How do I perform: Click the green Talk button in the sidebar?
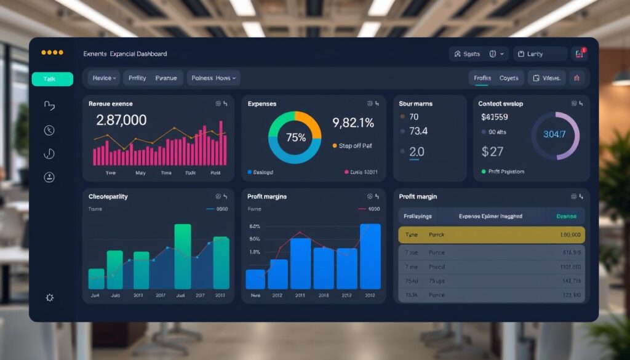click(x=52, y=79)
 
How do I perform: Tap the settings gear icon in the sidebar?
click(x=50, y=298)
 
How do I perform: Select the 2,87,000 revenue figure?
click(x=121, y=121)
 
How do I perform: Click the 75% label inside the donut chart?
click(x=295, y=138)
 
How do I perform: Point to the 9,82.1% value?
click(x=353, y=123)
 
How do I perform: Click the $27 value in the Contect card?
click(x=493, y=151)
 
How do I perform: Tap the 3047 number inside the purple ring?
click(x=554, y=135)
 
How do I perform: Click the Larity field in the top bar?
click(x=540, y=54)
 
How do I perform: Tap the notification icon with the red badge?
click(x=579, y=54)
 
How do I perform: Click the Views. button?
click(x=546, y=78)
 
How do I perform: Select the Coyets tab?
click(x=509, y=78)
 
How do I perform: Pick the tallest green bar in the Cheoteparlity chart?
click(x=182, y=257)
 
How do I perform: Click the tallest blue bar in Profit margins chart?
click(x=370, y=256)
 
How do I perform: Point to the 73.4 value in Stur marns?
click(x=418, y=131)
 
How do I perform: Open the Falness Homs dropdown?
click(x=213, y=78)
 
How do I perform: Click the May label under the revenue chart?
click(x=140, y=174)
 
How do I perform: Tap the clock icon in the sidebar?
click(x=50, y=130)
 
